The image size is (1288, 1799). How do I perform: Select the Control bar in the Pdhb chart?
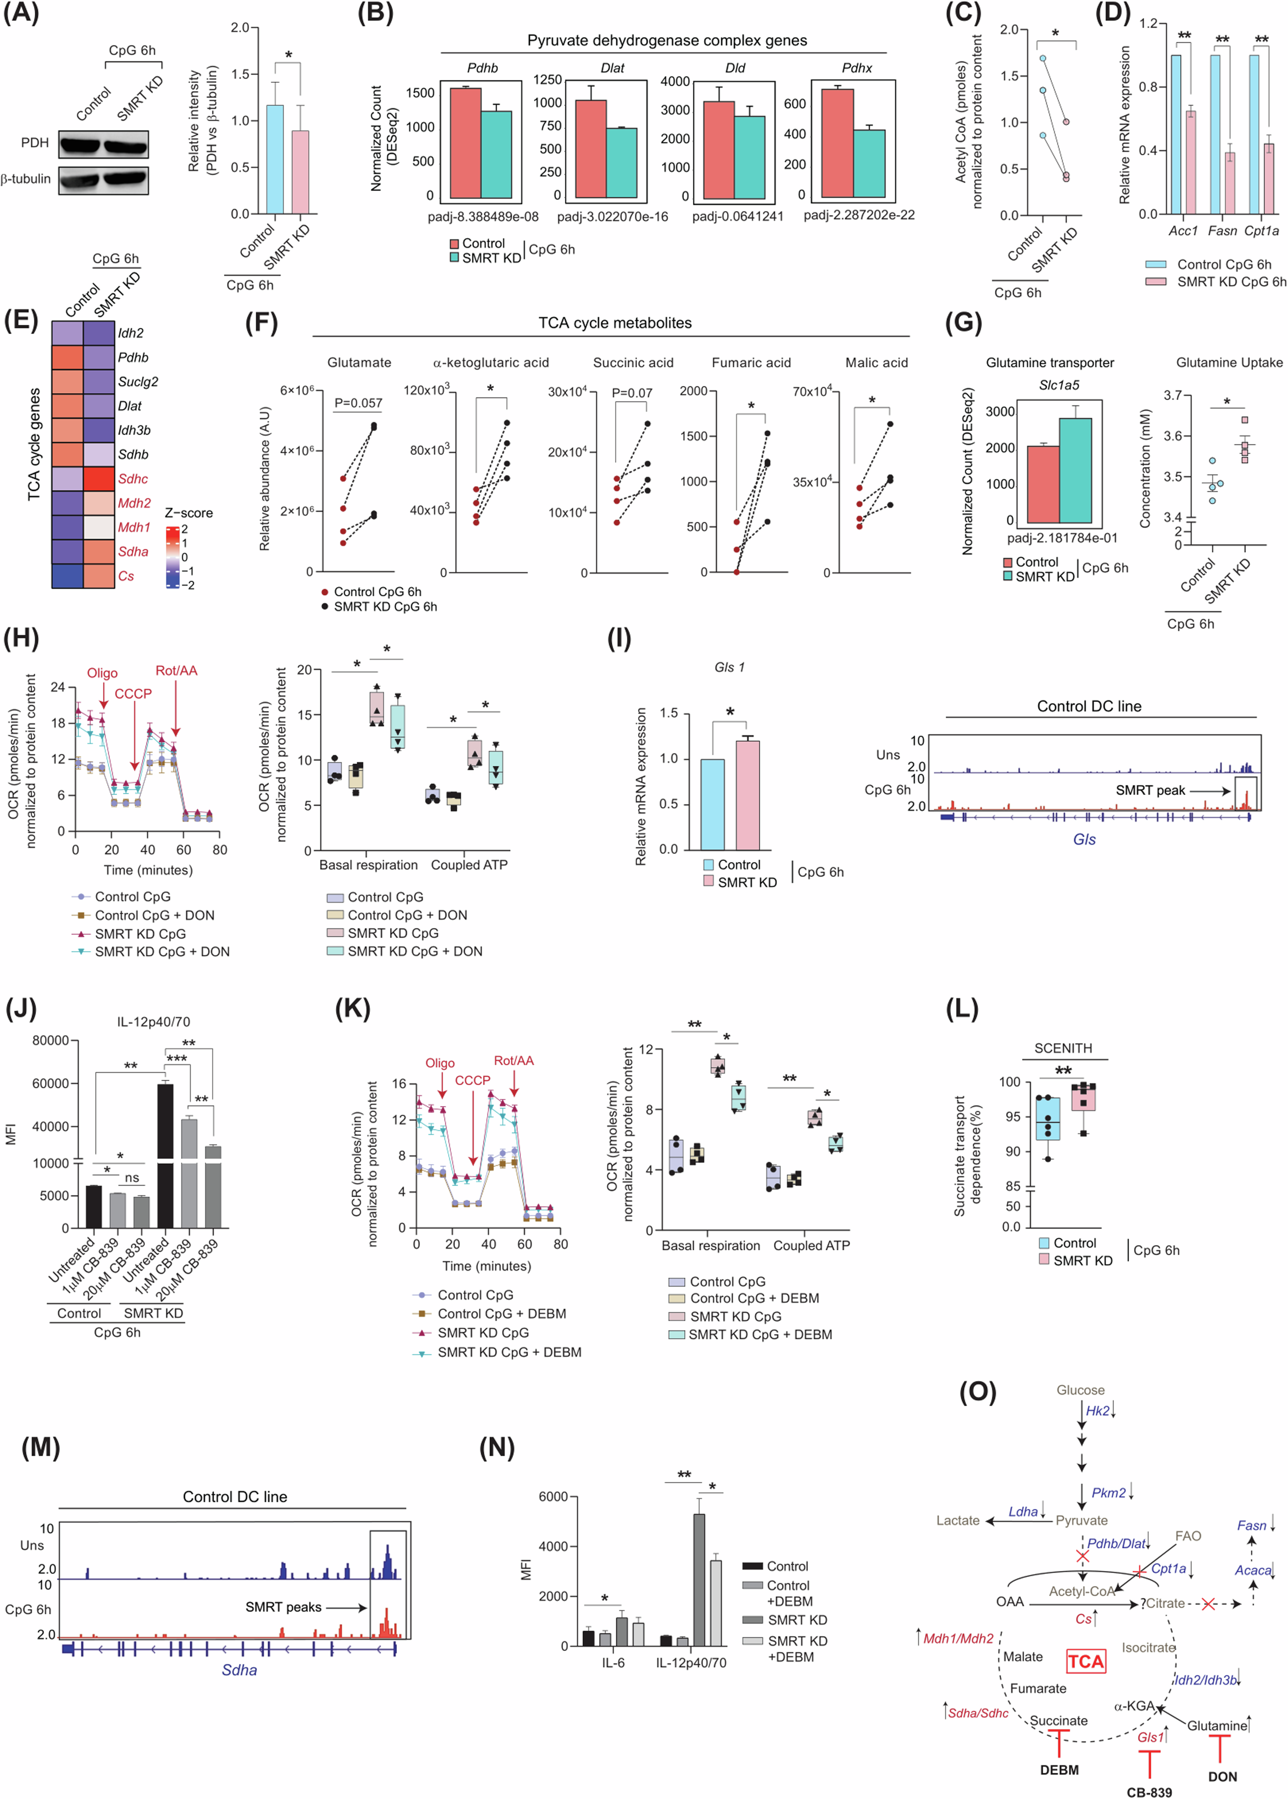click(466, 143)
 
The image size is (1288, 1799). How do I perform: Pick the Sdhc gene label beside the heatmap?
click(133, 479)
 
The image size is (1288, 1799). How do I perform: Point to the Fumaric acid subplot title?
click(751, 362)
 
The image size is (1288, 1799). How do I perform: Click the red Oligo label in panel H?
click(102, 673)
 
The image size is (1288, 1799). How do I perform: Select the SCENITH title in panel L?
click(1063, 1048)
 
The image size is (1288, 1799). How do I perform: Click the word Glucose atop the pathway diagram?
click(1080, 1390)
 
